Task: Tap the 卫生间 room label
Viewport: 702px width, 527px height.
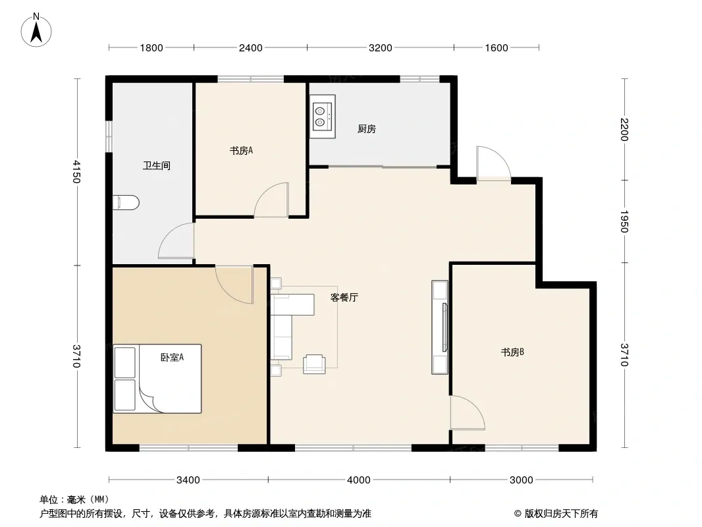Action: click(156, 165)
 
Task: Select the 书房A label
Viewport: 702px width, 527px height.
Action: click(241, 151)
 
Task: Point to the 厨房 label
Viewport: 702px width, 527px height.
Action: click(367, 129)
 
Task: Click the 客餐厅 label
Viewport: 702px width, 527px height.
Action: click(344, 297)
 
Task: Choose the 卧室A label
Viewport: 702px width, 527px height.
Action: click(173, 357)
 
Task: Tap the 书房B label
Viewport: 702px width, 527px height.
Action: click(512, 352)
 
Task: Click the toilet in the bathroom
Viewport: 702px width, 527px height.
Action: click(126, 203)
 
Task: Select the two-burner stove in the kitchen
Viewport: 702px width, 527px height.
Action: click(322, 117)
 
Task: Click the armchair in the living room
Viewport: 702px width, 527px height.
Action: click(314, 364)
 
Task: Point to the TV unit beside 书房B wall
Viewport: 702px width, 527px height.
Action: click(440, 327)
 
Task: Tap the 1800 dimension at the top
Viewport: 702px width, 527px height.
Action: click(151, 48)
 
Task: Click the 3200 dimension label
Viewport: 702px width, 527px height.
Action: click(381, 48)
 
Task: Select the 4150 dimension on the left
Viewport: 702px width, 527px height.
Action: click(76, 172)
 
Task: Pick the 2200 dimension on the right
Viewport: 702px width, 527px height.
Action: click(624, 129)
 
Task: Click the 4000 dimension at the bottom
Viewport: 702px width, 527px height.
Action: click(359, 480)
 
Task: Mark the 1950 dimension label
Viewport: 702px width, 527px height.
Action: click(624, 221)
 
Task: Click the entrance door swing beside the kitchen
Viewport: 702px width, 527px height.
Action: click(493, 163)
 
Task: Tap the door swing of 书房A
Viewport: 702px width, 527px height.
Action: click(271, 200)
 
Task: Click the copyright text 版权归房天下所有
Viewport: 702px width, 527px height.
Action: click(561, 514)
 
